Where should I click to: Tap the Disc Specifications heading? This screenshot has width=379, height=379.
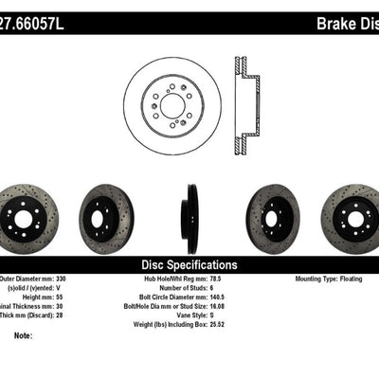[189, 265]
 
